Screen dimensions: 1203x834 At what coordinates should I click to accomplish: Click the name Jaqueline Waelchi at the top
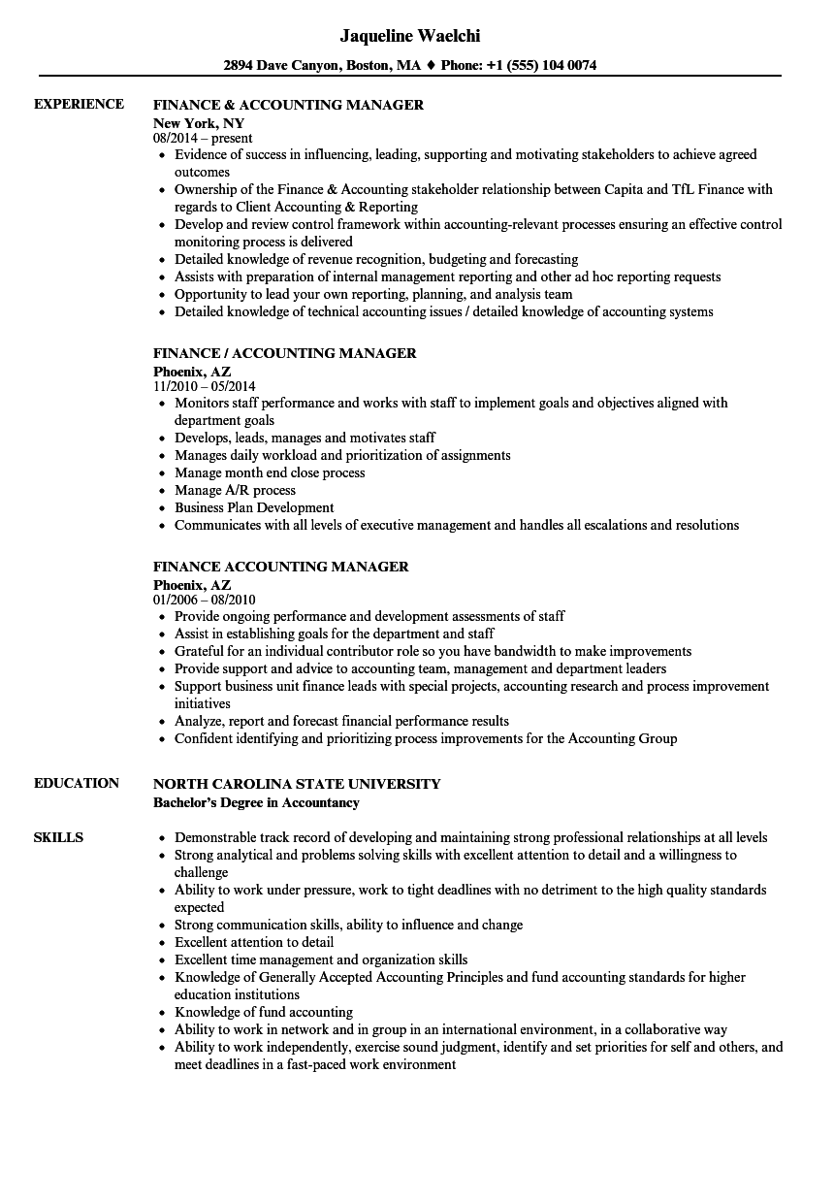pyautogui.click(x=410, y=36)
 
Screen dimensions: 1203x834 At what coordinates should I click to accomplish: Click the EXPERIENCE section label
pyautogui.click(x=79, y=105)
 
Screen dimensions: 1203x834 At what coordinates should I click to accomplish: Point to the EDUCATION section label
pyautogui.click(x=77, y=784)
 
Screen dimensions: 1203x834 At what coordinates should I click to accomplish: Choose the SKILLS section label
pyautogui.click(x=58, y=837)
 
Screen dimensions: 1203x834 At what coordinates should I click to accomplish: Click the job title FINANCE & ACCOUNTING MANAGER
pyautogui.click(x=288, y=105)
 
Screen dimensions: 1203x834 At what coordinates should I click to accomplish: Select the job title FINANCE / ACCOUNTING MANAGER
pyautogui.click(x=285, y=353)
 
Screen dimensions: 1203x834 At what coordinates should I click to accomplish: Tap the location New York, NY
pyautogui.click(x=199, y=123)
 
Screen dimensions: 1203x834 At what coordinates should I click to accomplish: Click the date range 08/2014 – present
pyautogui.click(x=203, y=139)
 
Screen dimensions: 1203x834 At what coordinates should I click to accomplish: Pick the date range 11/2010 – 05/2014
pyautogui.click(x=205, y=387)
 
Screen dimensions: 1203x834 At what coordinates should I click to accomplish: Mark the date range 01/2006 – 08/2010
pyautogui.click(x=205, y=601)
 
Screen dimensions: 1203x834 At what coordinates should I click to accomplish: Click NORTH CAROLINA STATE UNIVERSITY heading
pyautogui.click(x=297, y=784)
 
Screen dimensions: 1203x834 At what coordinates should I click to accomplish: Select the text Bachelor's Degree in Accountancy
pyautogui.click(x=256, y=802)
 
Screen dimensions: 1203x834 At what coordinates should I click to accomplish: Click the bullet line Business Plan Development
pyautogui.click(x=254, y=507)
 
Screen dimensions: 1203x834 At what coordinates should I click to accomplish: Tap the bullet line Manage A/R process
pyautogui.click(x=235, y=490)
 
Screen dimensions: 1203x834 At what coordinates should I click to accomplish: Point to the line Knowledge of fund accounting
pyautogui.click(x=263, y=1012)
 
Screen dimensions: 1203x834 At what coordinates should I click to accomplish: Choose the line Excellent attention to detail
pyautogui.click(x=254, y=942)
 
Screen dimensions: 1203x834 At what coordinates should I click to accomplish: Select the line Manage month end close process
pyautogui.click(x=270, y=472)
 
